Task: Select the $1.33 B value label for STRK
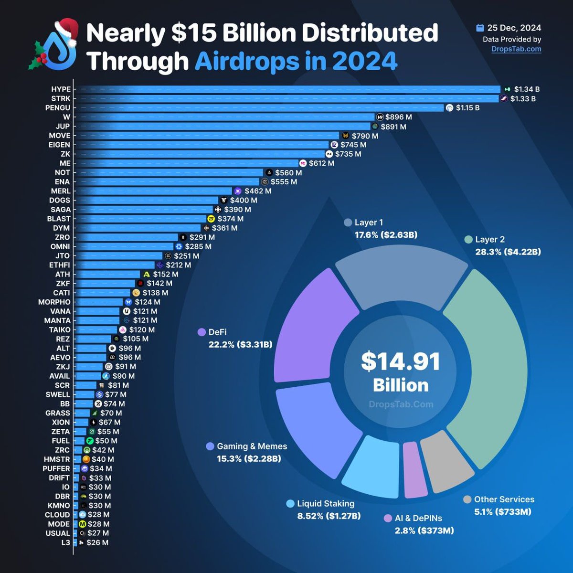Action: [523, 99]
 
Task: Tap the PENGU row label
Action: [58, 108]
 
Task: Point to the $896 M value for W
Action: [399, 117]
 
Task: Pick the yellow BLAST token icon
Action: [211, 219]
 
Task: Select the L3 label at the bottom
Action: [65, 542]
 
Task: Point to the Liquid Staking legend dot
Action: [290, 504]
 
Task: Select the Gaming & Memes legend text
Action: [252, 446]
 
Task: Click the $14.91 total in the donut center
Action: [400, 361]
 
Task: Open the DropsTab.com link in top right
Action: [516, 49]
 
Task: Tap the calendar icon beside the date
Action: [480, 28]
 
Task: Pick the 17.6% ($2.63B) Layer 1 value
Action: [386, 235]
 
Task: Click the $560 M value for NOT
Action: [288, 172]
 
